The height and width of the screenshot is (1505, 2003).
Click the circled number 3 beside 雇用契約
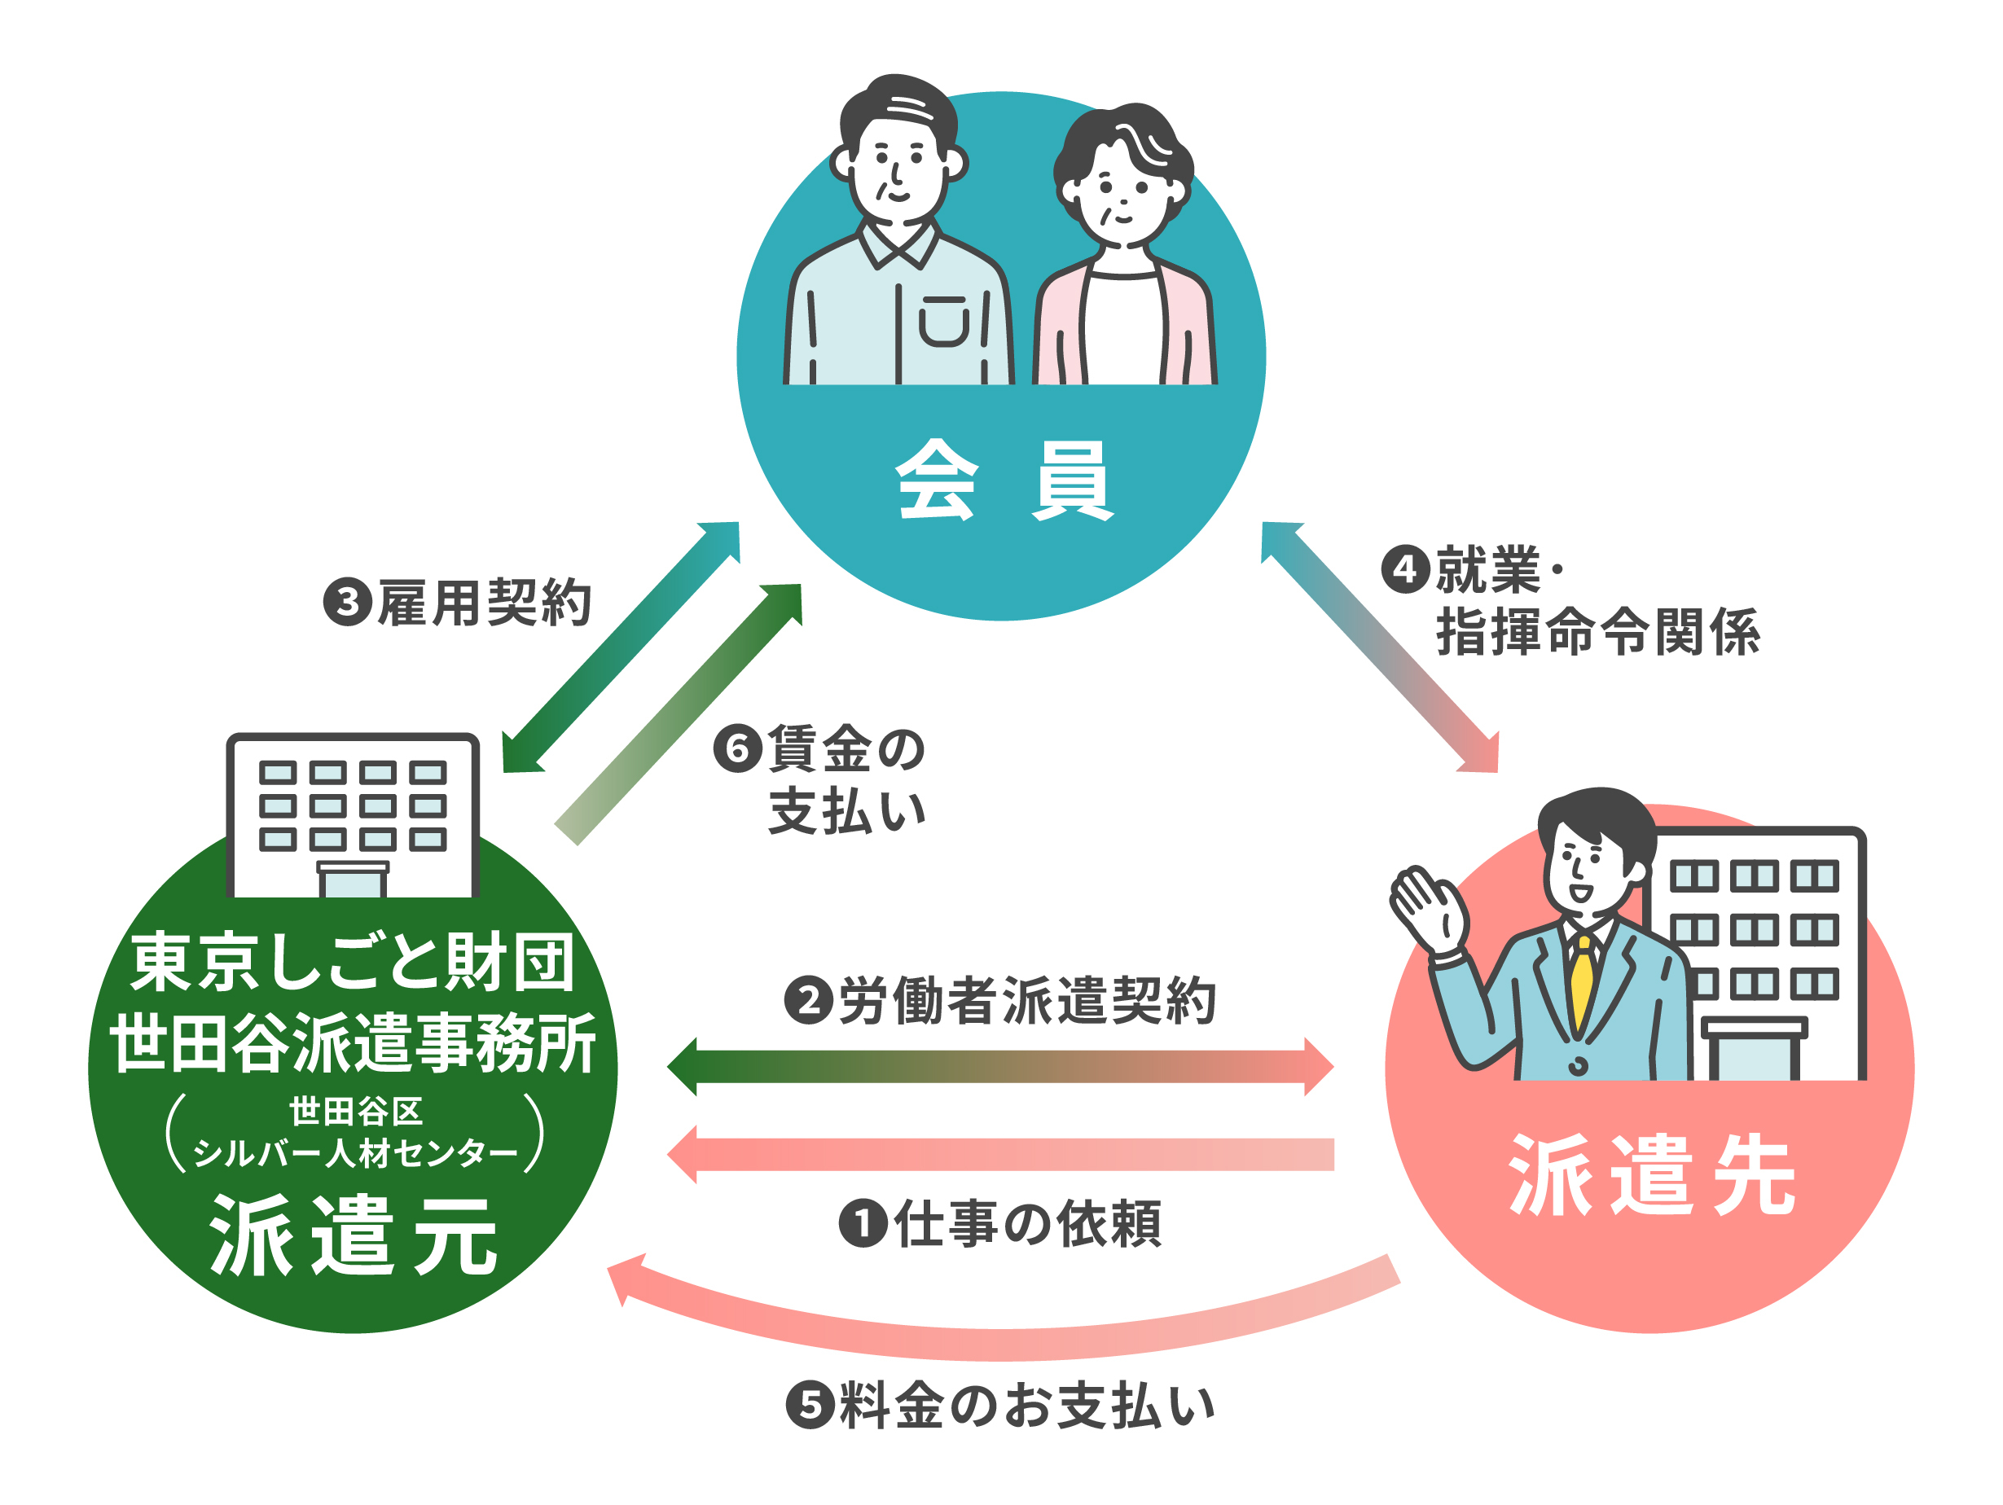pyautogui.click(x=348, y=602)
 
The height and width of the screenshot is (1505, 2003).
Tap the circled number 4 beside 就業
pyautogui.click(x=1404, y=568)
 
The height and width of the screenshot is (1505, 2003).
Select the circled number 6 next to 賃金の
pyautogui.click(x=737, y=748)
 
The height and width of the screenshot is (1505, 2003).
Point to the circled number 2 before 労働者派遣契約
pyautogui.click(x=808, y=1000)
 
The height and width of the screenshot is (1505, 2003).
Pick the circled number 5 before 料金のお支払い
pyautogui.click(x=810, y=1405)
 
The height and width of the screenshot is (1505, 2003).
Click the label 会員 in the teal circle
pyautogui.click(x=1004, y=480)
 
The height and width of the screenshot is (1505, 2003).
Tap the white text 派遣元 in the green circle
pyautogui.click(x=354, y=1235)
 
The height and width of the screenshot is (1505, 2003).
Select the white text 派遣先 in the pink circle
pyautogui.click(x=1652, y=1174)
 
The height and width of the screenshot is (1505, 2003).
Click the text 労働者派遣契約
pyautogui.click(x=1027, y=1001)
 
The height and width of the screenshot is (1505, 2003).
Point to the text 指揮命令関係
pyautogui.click(x=1598, y=631)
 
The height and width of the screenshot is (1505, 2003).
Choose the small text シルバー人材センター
pyautogui.click(x=355, y=1152)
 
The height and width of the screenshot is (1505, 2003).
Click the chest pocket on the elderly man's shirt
pyautogui.click(x=943, y=322)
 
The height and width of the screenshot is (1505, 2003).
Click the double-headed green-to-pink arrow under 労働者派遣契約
pyautogui.click(x=1000, y=1067)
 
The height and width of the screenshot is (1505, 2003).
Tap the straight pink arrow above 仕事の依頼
pyautogui.click(x=1000, y=1155)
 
